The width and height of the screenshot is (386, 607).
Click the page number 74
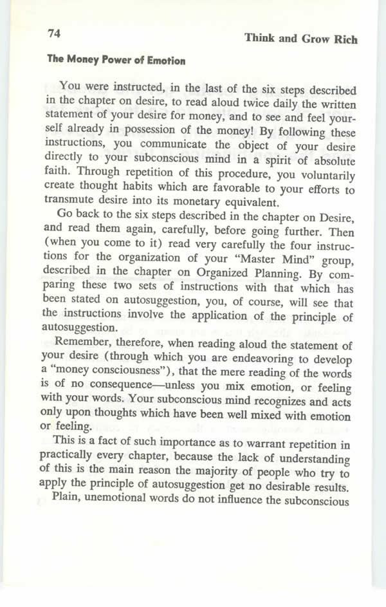click(54, 32)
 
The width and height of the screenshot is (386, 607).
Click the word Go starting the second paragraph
click(65, 213)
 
